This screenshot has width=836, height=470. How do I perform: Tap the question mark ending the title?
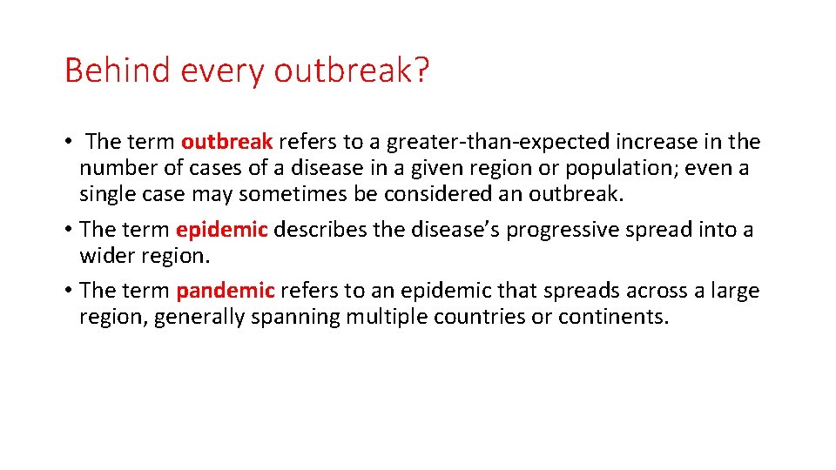(421, 70)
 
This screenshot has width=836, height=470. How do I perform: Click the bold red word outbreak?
(226, 142)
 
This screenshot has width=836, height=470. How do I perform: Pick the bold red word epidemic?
(221, 230)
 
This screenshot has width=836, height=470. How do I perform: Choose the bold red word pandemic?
(225, 291)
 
